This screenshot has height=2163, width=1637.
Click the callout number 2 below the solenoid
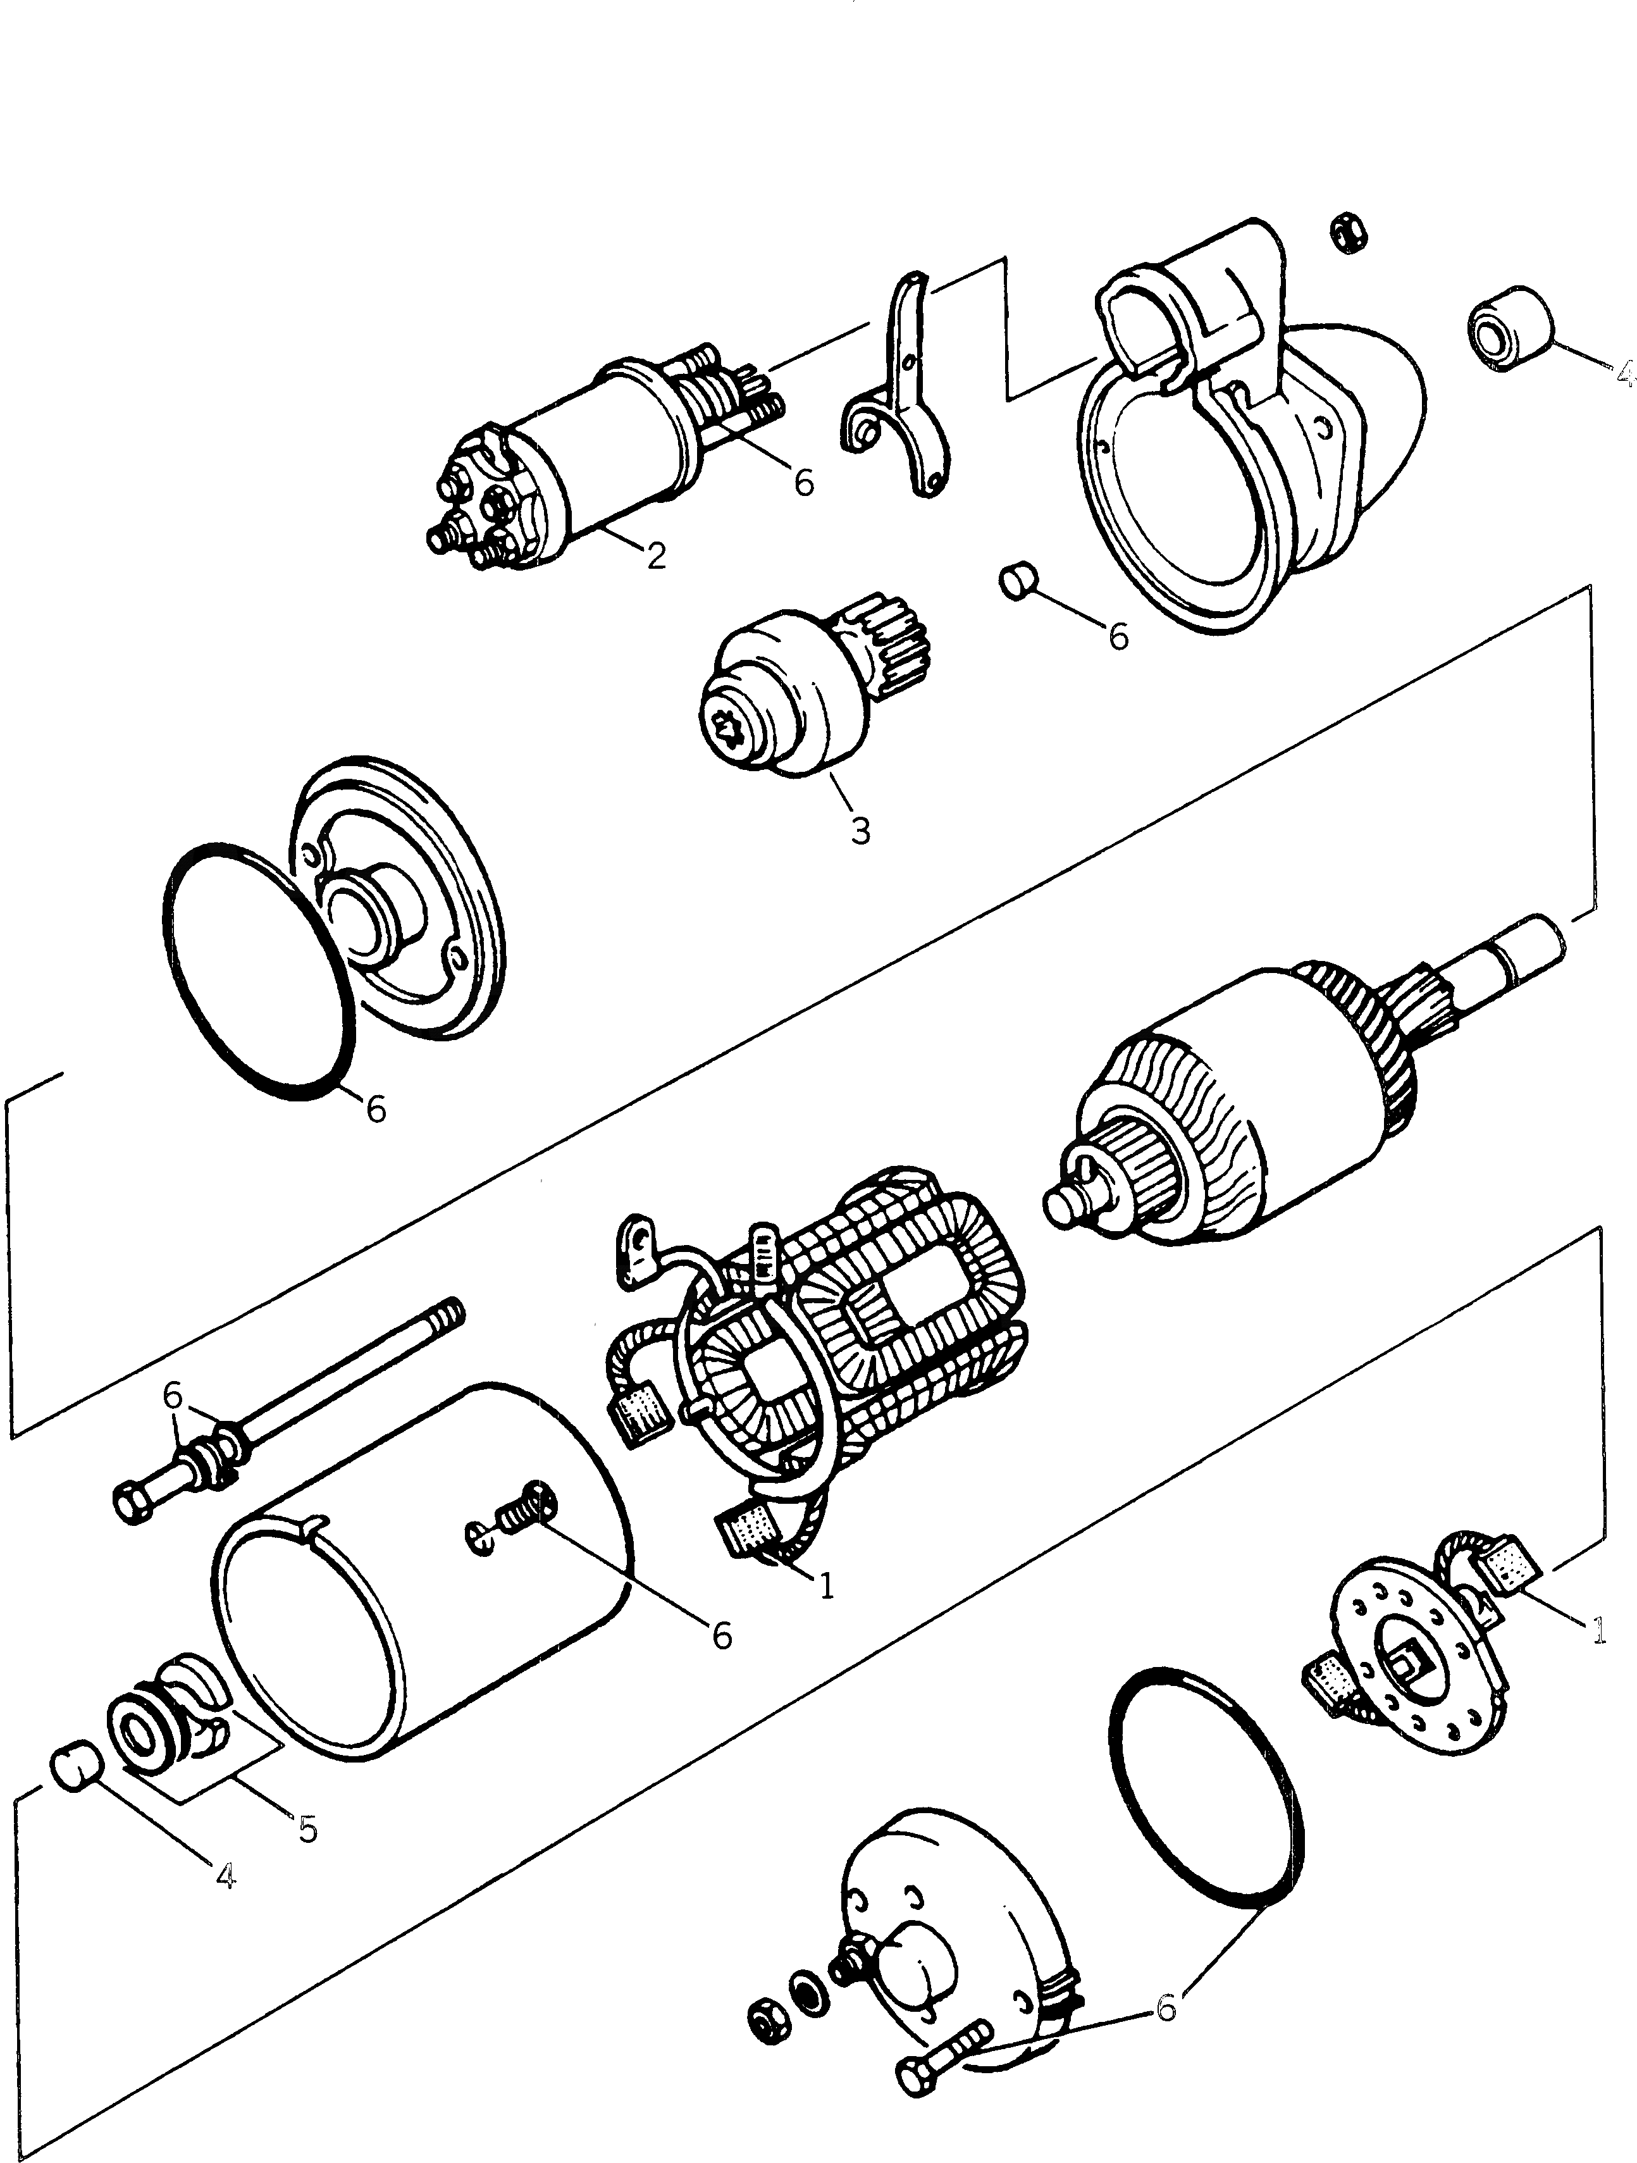tap(656, 555)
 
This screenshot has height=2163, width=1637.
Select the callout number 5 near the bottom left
tap(308, 1828)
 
